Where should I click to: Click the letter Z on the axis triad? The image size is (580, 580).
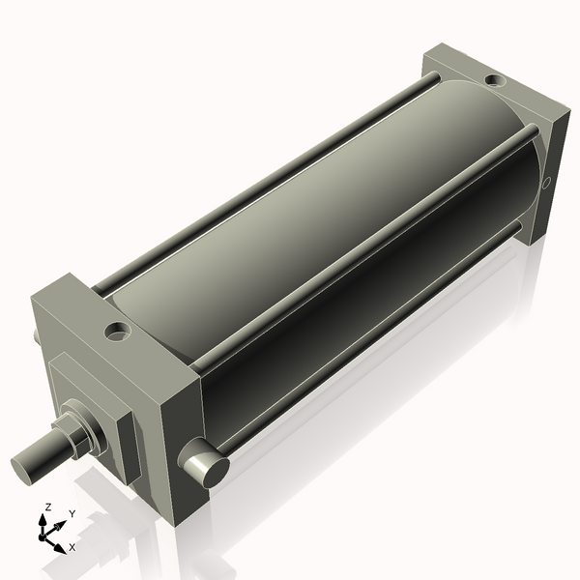click(x=47, y=507)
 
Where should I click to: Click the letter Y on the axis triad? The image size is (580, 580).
click(x=72, y=514)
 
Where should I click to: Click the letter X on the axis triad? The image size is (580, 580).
click(x=72, y=547)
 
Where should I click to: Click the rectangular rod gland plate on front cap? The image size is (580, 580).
click(x=101, y=396)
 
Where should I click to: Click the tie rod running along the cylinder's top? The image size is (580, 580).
click(x=261, y=188)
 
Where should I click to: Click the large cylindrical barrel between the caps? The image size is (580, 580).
click(x=319, y=232)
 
